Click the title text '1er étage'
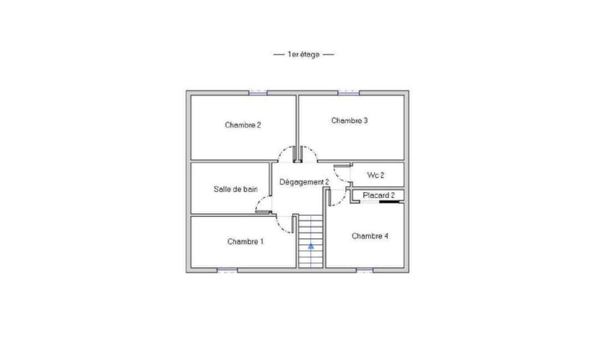click(303, 54)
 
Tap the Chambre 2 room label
click(243, 125)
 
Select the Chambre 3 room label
click(349, 121)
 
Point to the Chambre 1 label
click(245, 242)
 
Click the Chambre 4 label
click(370, 236)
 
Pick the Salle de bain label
click(236, 189)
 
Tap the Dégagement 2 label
click(304, 182)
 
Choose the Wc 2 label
click(376, 175)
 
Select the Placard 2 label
click(378, 195)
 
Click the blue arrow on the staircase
click(311, 246)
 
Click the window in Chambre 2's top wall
click(258, 93)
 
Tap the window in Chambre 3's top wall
click(348, 93)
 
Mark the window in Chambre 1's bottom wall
click(227, 270)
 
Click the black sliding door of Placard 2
click(389, 202)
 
